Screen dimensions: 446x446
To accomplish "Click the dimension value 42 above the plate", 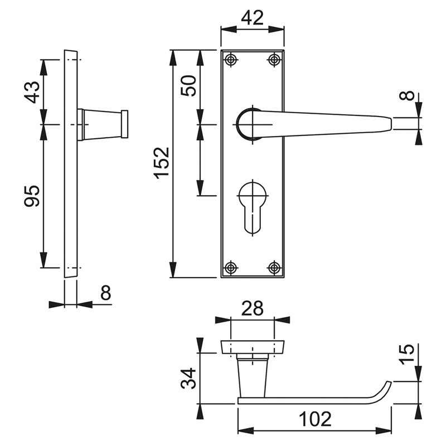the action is click(253, 18).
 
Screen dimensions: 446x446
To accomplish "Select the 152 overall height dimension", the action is click(162, 163).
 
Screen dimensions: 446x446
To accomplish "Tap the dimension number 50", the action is click(188, 86).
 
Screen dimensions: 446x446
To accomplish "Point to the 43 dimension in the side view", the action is click(32, 92).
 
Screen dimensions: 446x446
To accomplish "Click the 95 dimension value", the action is click(32, 196).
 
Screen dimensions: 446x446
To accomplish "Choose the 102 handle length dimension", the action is click(315, 419).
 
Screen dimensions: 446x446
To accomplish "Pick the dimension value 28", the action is click(253, 309).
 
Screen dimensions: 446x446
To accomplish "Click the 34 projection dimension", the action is click(188, 379).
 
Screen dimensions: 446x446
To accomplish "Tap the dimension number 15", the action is click(406, 354).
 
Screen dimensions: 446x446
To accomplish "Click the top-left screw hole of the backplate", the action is click(231, 60).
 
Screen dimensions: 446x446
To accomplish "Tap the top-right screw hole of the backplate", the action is click(274, 60).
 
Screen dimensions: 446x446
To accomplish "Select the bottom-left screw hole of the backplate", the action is click(231, 268).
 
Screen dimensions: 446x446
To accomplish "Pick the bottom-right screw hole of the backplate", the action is click(274, 268).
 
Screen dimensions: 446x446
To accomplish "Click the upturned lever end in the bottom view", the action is click(385, 390).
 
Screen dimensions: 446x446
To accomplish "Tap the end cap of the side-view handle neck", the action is click(124, 124).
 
